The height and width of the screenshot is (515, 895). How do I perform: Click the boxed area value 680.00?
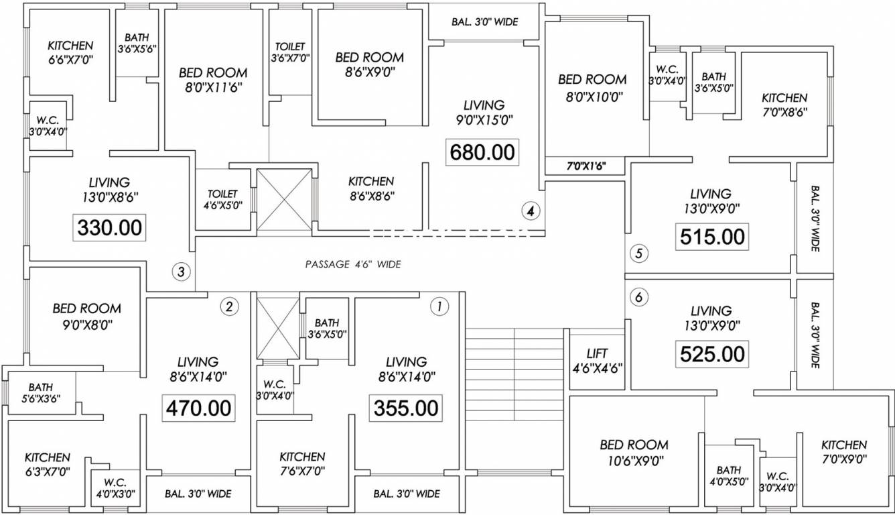[x=482, y=152]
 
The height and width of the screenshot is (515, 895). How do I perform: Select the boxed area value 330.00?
[x=110, y=228]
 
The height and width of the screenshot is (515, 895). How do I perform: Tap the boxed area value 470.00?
[x=200, y=408]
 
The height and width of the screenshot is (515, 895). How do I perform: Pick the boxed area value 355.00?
[x=406, y=408]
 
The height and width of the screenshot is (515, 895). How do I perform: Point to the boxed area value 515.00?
[x=712, y=237]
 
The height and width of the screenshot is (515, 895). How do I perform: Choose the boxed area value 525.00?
[x=712, y=353]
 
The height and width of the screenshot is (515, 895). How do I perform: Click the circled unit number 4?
[x=531, y=211]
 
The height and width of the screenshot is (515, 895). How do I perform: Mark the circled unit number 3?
[x=181, y=272]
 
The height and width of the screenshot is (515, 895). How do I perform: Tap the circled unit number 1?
[x=439, y=307]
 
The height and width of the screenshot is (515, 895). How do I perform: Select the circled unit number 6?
[x=638, y=298]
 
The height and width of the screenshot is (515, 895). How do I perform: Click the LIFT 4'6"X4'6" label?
[x=597, y=360]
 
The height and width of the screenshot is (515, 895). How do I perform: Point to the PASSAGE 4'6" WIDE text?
[x=353, y=264]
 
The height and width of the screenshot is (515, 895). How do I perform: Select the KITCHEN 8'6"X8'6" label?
[x=370, y=188]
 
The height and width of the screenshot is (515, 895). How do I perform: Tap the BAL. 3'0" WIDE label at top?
[x=484, y=22]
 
